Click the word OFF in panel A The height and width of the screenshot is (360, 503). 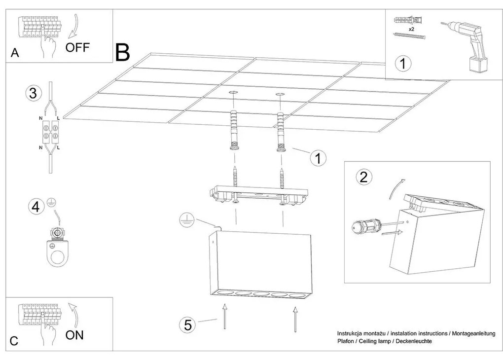pos(77,47)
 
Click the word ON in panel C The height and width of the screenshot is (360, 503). pos(74,335)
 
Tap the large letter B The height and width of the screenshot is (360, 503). pos(122,53)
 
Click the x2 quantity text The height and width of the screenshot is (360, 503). pos(411,29)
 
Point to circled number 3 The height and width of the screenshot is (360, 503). pos(33,93)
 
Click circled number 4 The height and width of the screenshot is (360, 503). pos(35,207)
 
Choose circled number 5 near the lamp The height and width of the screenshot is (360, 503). pos(188,324)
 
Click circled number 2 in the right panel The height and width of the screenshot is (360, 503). pos(363,177)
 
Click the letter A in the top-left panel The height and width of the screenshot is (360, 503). pos(15,53)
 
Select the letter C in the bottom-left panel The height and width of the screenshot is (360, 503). pos(15,341)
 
